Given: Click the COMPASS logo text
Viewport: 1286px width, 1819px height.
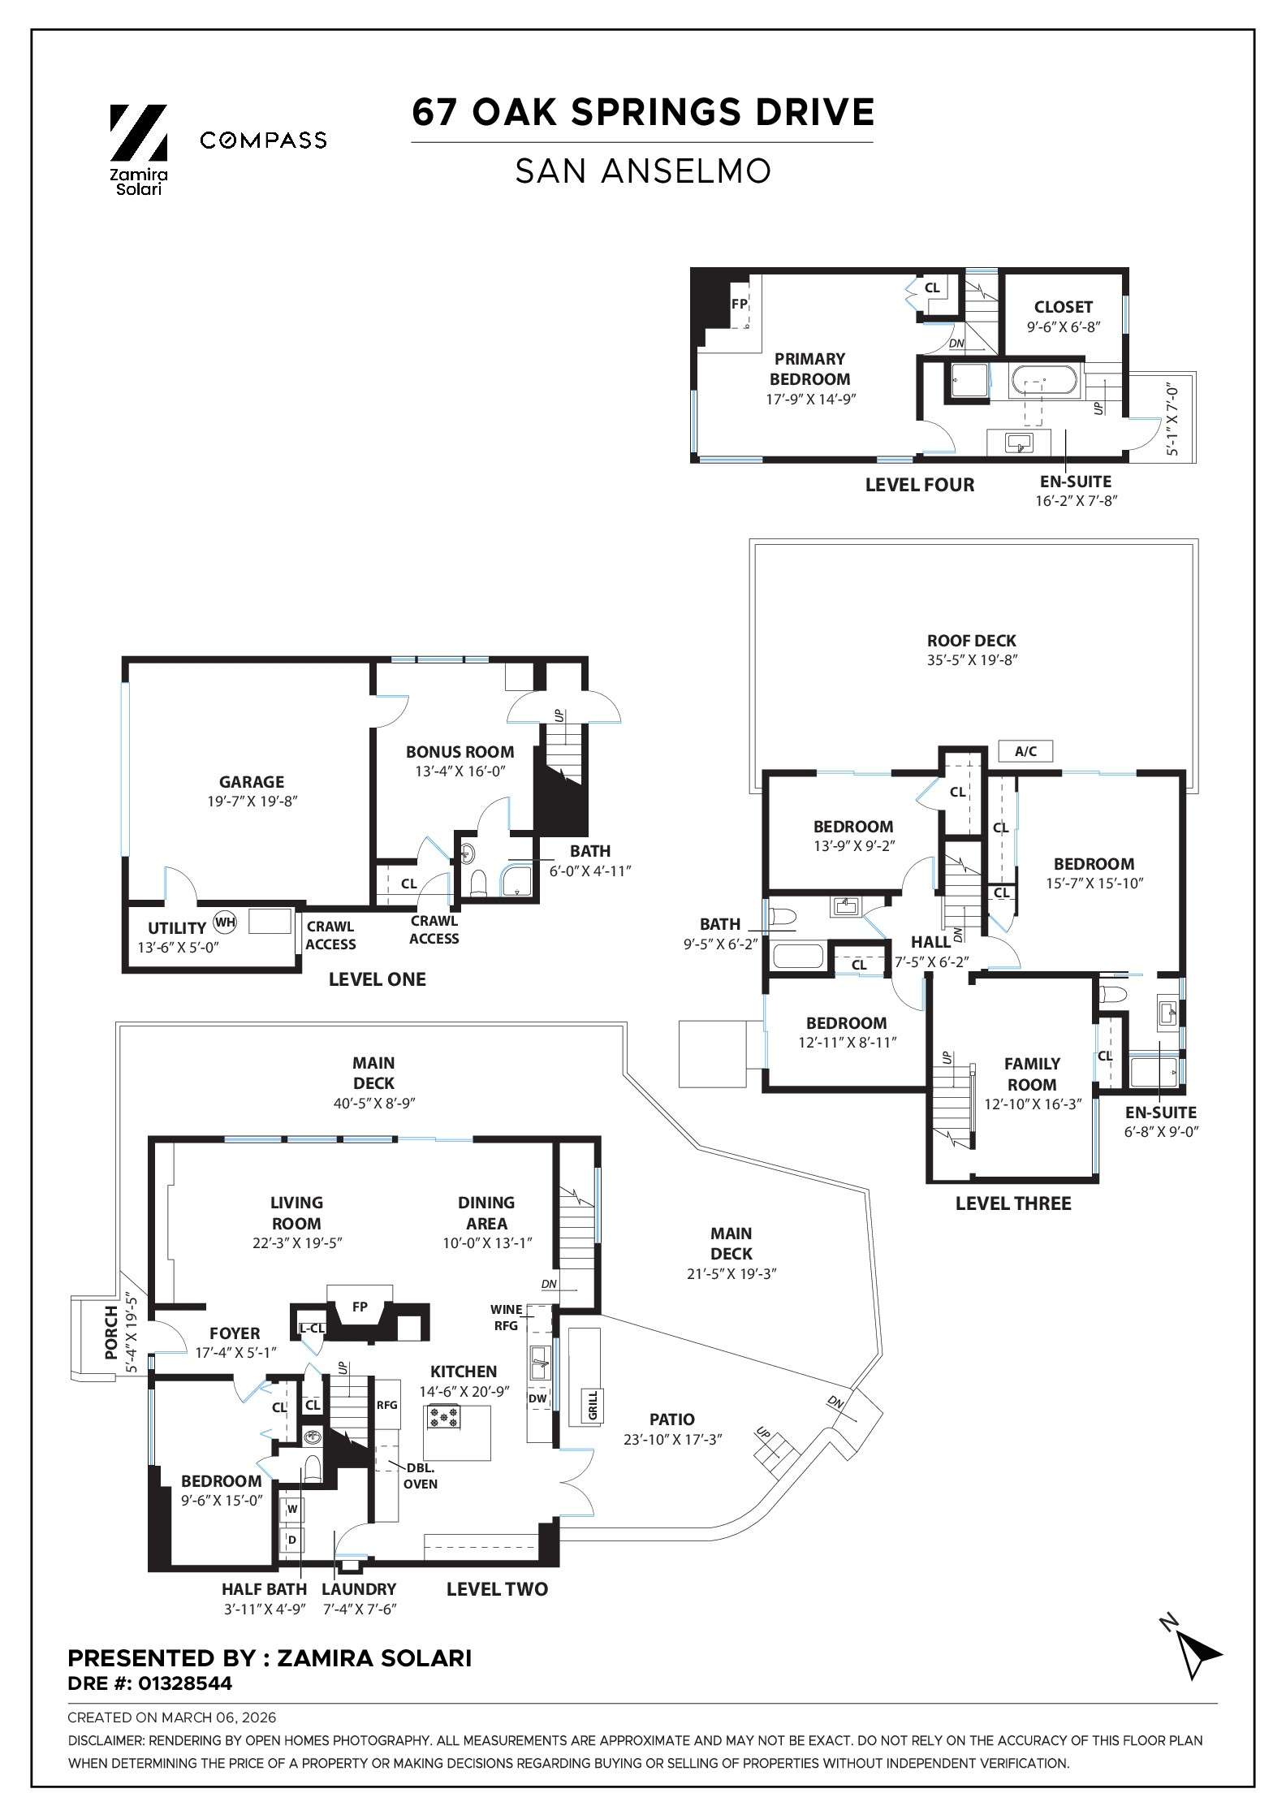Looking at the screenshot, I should [x=263, y=140].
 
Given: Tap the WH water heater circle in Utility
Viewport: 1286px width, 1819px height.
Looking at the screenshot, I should [x=224, y=922].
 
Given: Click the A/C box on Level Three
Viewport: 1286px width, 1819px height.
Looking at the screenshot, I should [x=1025, y=751].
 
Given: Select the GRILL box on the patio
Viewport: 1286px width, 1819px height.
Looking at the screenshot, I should [x=592, y=1406].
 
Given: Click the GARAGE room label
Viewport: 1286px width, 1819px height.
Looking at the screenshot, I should [x=252, y=782].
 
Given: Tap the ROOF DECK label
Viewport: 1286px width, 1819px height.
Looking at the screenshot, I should [x=972, y=641].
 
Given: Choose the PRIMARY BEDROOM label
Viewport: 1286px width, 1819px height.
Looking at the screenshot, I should [x=809, y=369].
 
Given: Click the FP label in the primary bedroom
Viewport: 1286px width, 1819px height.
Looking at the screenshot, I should [x=739, y=304].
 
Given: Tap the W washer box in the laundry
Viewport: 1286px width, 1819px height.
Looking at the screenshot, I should [x=292, y=1509].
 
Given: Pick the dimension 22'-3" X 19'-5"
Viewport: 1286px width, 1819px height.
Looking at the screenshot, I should [x=296, y=1243].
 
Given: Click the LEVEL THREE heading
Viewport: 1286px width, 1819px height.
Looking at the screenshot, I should [x=1013, y=1203].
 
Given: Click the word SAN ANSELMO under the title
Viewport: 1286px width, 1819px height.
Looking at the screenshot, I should [x=642, y=171].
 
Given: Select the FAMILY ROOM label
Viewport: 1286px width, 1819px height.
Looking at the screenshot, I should [x=1032, y=1074].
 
